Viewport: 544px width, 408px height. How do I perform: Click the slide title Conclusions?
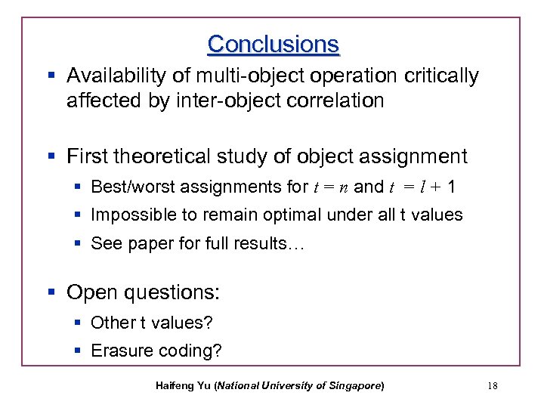[x=274, y=44]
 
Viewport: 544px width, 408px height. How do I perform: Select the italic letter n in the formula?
[x=344, y=187]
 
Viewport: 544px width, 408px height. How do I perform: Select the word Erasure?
[x=119, y=351]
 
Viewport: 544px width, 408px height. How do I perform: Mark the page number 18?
[x=493, y=386]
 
